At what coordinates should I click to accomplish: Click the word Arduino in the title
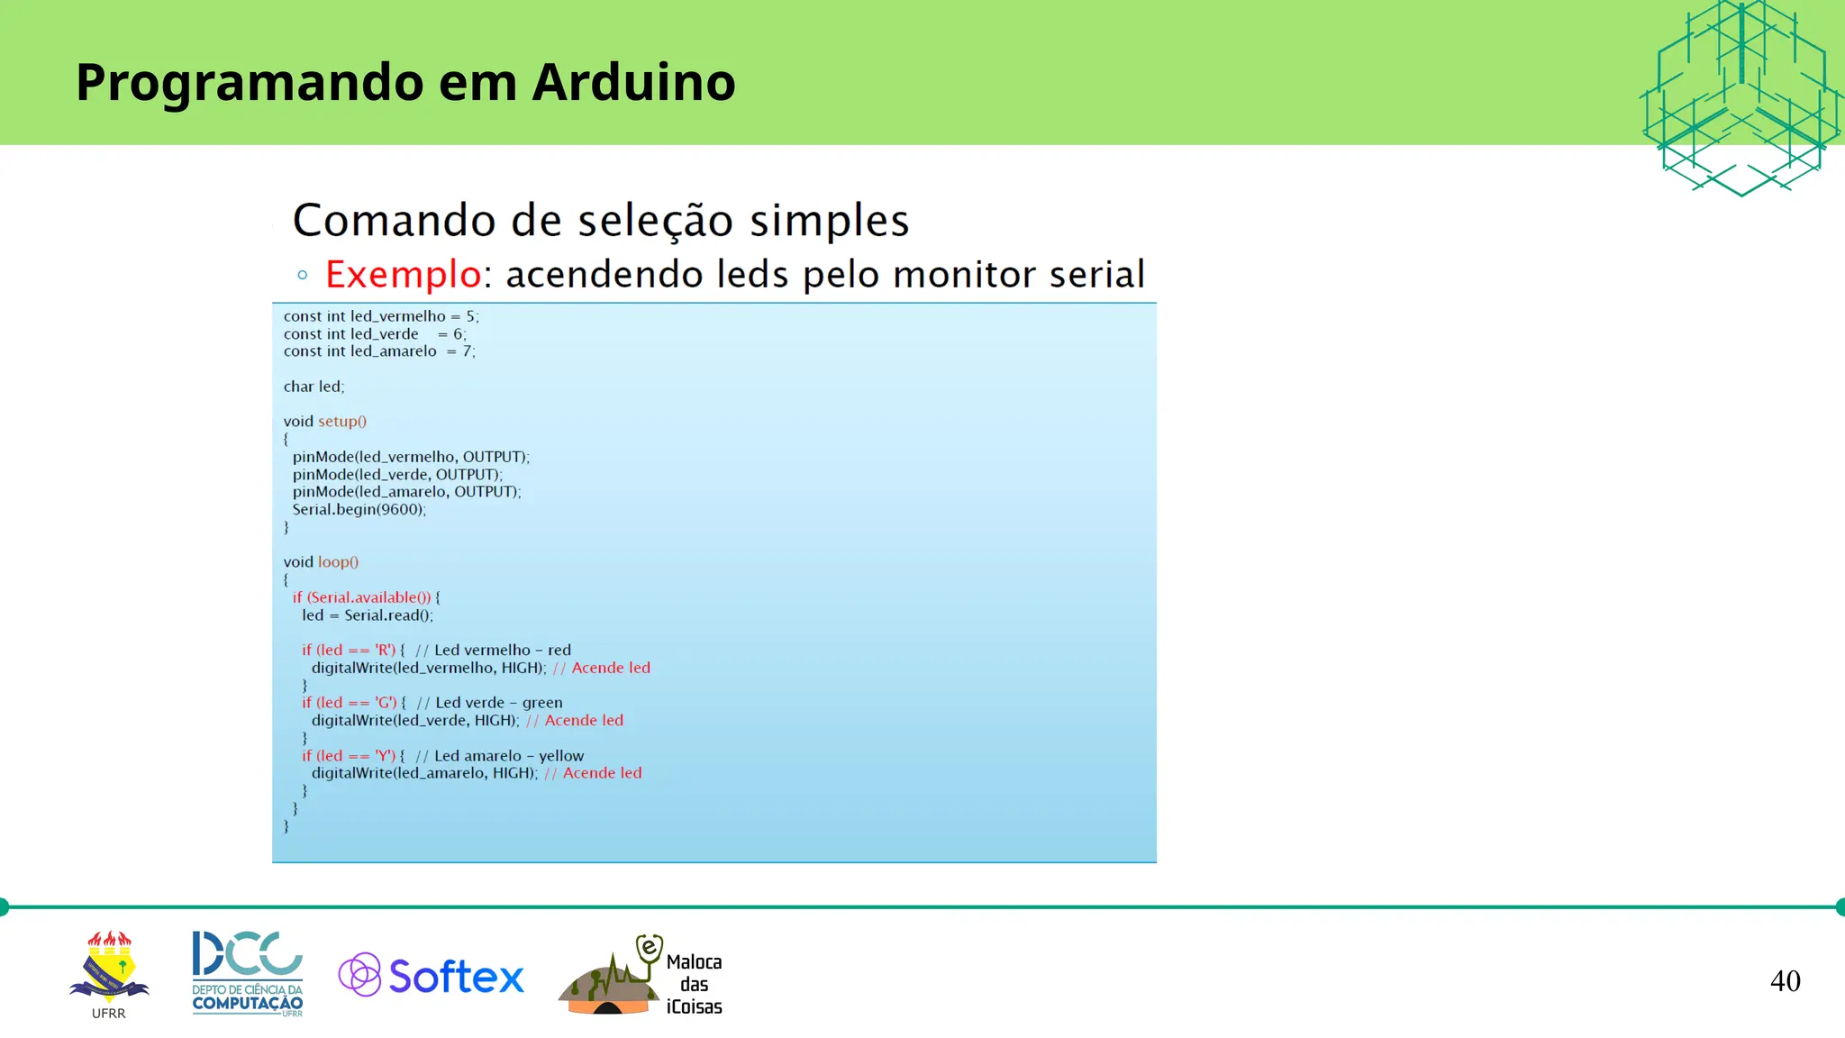pyautogui.click(x=633, y=82)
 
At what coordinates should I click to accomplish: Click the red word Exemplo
pyautogui.click(x=403, y=274)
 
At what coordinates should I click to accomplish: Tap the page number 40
pyautogui.click(x=1785, y=980)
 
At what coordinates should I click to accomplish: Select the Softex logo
pyautogui.click(x=432, y=976)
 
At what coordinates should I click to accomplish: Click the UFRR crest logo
pyautogui.click(x=109, y=970)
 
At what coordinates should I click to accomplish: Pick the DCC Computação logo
pyautogui.click(x=248, y=973)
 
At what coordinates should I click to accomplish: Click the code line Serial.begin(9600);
pyautogui.click(x=359, y=509)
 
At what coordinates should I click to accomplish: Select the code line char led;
pyautogui.click(x=314, y=387)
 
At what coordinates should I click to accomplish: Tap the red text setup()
pyautogui.click(x=342, y=422)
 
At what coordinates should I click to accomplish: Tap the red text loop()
pyautogui.click(x=338, y=562)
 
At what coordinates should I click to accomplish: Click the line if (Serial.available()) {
pyautogui.click(x=366, y=597)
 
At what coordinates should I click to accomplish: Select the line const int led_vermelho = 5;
pyautogui.click(x=381, y=316)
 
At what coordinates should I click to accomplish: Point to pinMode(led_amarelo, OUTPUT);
pyautogui.click(x=406, y=492)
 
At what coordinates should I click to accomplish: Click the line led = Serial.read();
pyautogui.click(x=368, y=615)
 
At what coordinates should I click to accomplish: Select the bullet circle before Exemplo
pyautogui.click(x=303, y=275)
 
